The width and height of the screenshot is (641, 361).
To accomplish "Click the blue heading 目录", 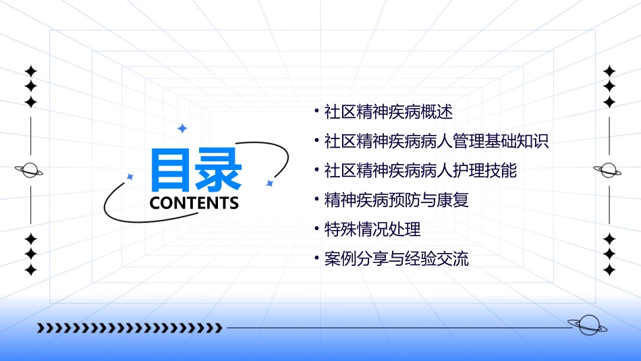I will point(196,169).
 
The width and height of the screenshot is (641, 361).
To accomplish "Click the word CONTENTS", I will point(194,203).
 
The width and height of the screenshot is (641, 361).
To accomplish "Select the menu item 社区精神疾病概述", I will point(388,111).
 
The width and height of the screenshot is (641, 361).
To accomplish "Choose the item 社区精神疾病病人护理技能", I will point(420,171).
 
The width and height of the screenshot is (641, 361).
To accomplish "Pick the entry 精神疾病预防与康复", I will point(396,200).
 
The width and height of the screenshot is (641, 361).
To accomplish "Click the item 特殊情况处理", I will point(372,229).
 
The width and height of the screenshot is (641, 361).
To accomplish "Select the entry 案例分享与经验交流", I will point(396,259).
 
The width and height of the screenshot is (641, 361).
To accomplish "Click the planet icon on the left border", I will point(30,170).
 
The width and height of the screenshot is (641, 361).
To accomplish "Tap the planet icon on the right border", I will point(608,170).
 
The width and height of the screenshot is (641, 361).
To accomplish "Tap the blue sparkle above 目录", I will point(182,128).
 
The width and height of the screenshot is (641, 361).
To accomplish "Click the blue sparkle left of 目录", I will point(130,177).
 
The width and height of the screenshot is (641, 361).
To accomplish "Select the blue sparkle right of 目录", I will point(269,183).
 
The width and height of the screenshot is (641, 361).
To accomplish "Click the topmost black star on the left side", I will point(30,71).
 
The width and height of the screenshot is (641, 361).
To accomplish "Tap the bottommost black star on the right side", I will point(609,270).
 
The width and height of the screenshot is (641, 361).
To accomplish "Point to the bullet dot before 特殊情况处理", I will point(317,228).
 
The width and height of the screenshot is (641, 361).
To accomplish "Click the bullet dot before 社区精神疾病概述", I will point(317,109).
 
